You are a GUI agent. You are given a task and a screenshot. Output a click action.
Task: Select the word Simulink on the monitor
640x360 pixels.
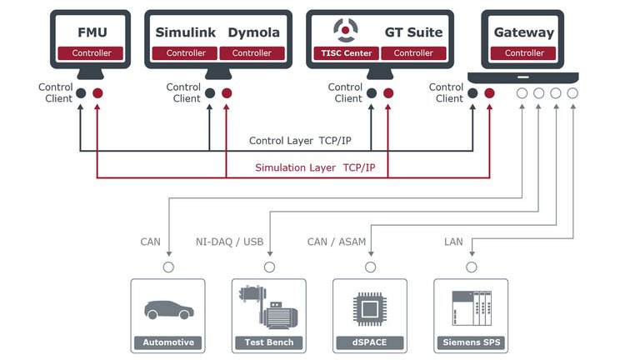pyautogui.click(x=185, y=32)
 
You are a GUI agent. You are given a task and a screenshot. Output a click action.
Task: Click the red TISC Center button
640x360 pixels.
pyautogui.click(x=346, y=53)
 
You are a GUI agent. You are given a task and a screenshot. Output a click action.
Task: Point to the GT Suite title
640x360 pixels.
pyautogui.click(x=412, y=32)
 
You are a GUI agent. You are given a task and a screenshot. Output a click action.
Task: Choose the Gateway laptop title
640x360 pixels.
pyautogui.click(x=523, y=32)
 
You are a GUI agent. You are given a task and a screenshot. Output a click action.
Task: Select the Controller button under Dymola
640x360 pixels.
pyautogui.click(x=251, y=53)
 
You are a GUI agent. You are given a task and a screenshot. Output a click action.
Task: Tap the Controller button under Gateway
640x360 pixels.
pyautogui.click(x=524, y=53)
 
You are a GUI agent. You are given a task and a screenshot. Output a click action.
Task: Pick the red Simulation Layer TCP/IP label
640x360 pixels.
pyautogui.click(x=315, y=168)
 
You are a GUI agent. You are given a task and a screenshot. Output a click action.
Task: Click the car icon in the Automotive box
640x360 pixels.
pyautogui.click(x=168, y=310)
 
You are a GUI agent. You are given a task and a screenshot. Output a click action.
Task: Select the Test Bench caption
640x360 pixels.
pyautogui.click(x=269, y=342)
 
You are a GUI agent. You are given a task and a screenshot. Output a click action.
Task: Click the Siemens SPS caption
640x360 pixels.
pyautogui.click(x=472, y=342)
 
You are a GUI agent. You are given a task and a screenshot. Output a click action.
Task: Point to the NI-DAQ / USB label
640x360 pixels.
pyautogui.click(x=229, y=242)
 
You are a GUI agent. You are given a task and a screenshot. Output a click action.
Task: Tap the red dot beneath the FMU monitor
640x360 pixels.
pyautogui.click(x=98, y=93)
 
